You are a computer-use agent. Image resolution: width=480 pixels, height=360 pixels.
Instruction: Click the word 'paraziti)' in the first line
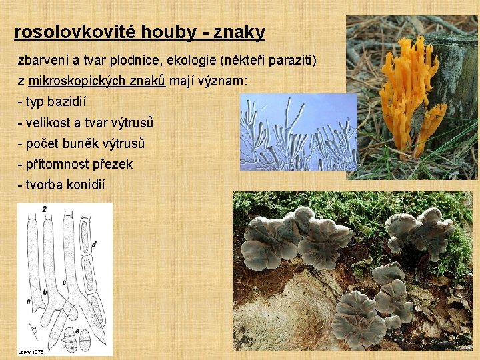[291, 61]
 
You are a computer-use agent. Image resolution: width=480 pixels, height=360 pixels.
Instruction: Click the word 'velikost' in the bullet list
[47, 123]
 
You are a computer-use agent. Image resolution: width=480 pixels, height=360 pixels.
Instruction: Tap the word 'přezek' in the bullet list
[112, 164]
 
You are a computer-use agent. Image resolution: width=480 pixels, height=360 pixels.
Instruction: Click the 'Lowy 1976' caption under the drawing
[31, 351]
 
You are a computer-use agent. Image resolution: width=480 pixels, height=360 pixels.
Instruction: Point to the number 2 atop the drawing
[44, 209]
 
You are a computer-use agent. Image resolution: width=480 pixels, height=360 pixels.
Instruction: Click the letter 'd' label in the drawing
[93, 245]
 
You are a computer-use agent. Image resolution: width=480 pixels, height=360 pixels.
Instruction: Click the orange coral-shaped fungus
[406, 93]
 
